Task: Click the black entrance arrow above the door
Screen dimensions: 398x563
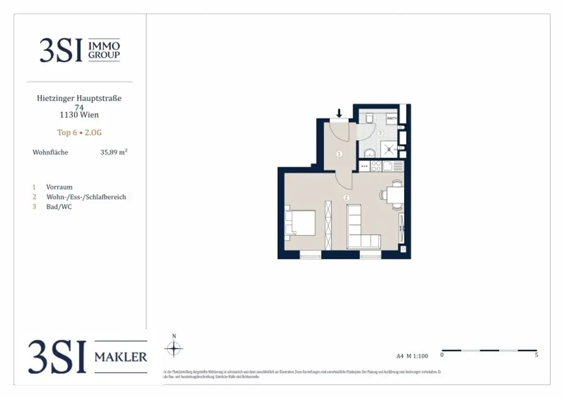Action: (339, 113)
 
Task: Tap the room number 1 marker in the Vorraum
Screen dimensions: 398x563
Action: (339, 154)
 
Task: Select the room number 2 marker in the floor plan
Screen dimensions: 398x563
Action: (346, 197)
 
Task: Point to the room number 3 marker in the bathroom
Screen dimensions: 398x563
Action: (380, 133)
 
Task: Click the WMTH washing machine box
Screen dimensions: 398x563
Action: (391, 118)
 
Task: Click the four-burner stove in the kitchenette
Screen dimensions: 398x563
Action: (377, 165)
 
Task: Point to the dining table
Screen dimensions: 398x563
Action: (395, 195)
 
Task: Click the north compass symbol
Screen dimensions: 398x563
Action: (174, 348)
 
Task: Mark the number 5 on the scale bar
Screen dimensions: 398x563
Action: (536, 355)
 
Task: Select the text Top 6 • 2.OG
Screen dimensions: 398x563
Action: (80, 132)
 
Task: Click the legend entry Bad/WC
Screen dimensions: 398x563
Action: (59, 207)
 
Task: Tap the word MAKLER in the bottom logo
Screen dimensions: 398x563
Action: (121, 357)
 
